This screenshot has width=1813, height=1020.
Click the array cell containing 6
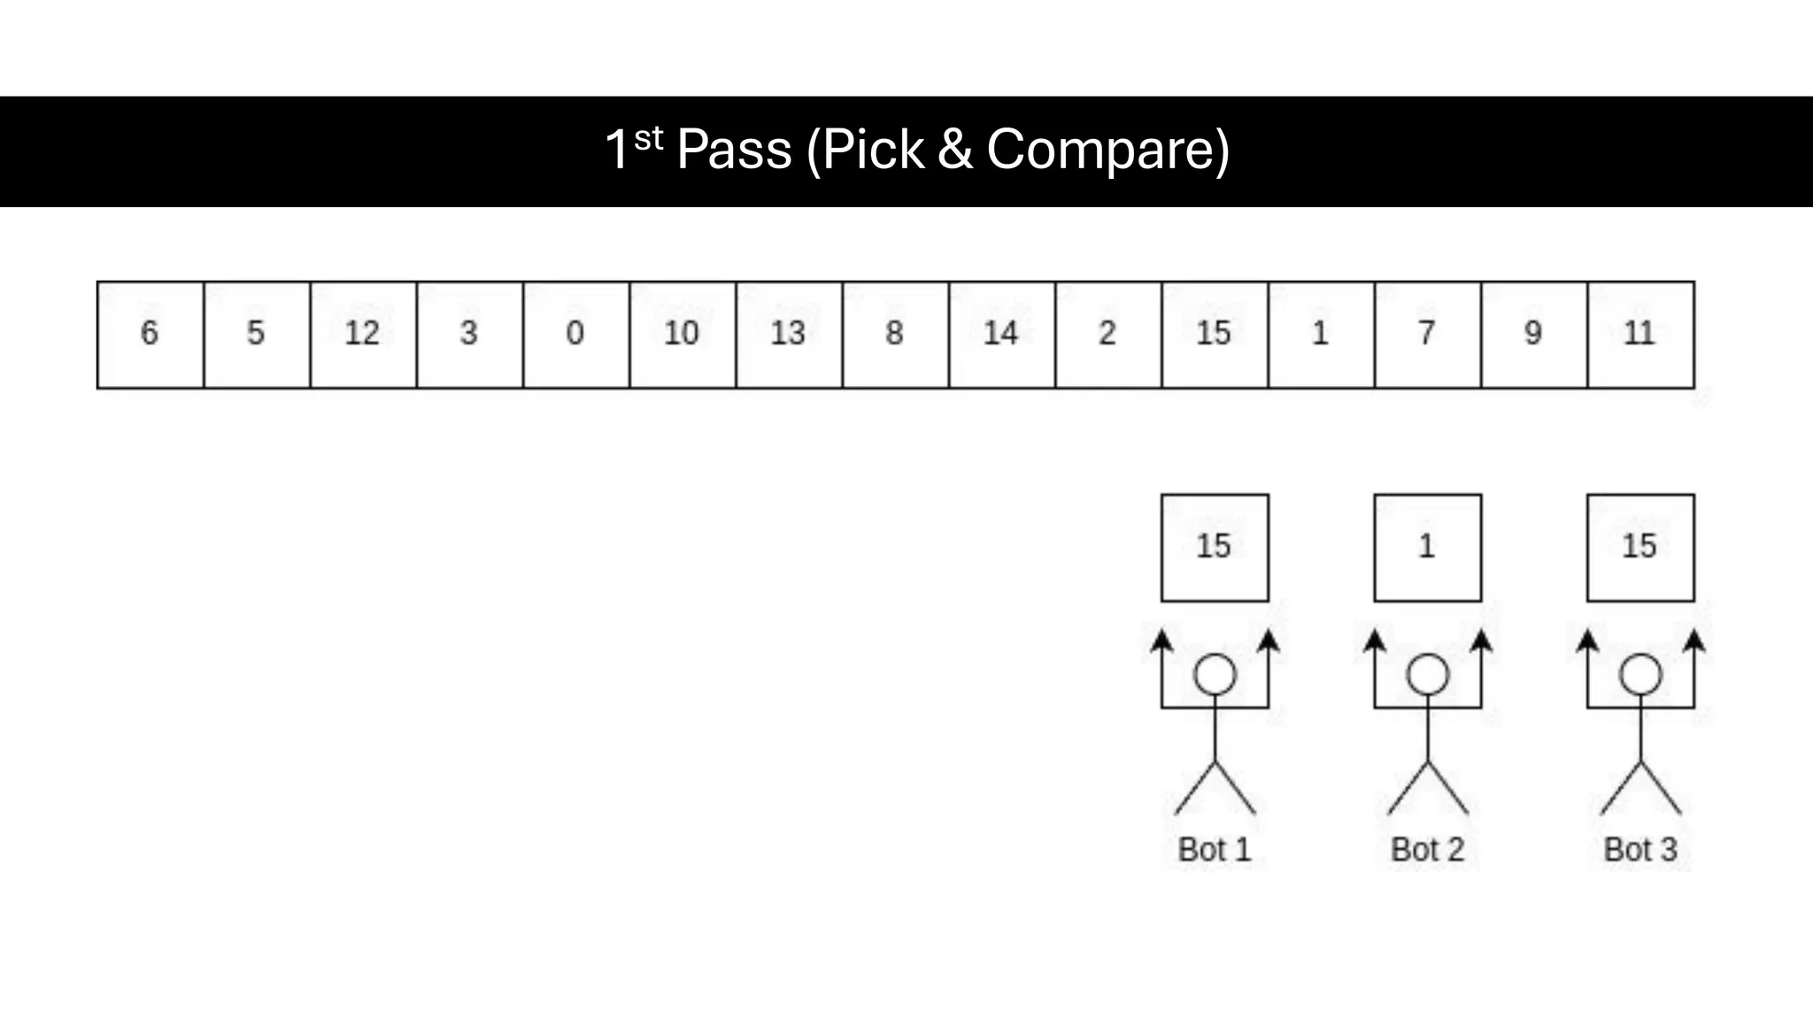coord(150,335)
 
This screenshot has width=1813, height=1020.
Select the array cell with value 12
coord(363,335)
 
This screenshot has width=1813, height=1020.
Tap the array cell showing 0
coord(575,335)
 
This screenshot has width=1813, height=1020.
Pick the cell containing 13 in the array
coord(789,335)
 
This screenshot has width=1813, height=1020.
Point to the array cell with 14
coord(1001,335)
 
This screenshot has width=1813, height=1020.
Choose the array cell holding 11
coord(1640,335)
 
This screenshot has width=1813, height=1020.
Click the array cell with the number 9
coord(1533,335)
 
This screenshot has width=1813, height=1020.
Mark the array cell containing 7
coord(1427,335)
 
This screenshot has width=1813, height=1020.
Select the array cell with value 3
coord(469,335)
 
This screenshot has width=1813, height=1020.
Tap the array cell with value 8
coord(895,335)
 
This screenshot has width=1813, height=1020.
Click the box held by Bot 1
coord(1215,547)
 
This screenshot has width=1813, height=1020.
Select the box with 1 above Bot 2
coord(1427,547)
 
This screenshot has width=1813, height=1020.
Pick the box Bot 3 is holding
coord(1640,547)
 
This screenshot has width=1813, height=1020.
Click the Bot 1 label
coord(1215,850)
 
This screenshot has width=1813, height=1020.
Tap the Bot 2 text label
coord(1427,850)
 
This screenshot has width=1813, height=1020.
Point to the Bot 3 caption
coord(1640,850)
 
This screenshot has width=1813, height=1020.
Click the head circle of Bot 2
coord(1427,675)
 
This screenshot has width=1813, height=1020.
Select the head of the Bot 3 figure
coord(1640,675)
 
